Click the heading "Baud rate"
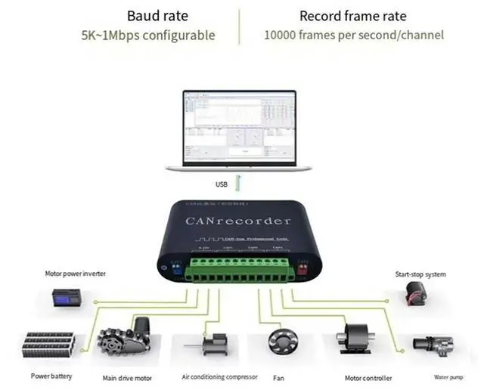click(159, 16)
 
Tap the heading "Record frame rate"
click(352, 16)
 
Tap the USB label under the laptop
click(221, 184)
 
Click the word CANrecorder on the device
click(238, 221)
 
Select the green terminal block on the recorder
click(240, 270)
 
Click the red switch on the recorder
click(305, 268)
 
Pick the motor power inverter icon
click(67, 299)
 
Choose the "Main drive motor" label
click(127, 378)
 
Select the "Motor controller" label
click(368, 378)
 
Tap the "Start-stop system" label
click(421, 274)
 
